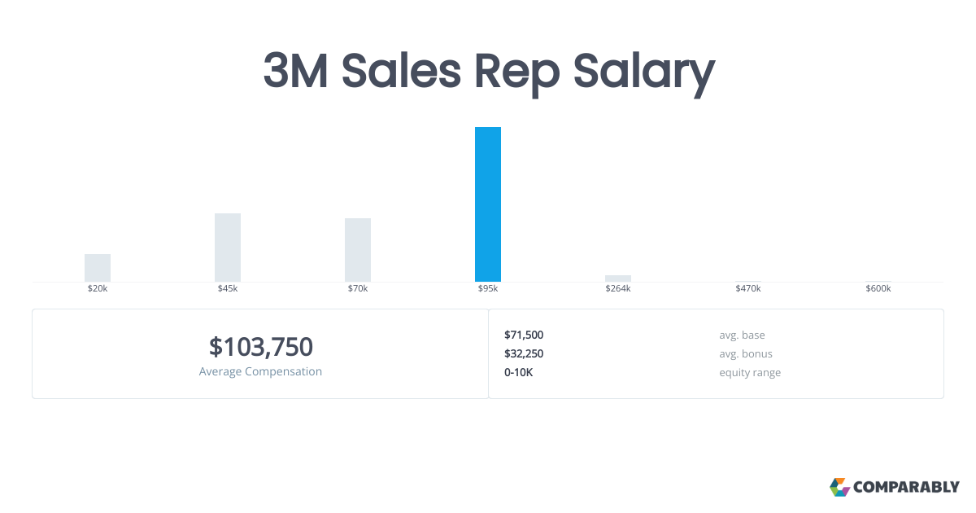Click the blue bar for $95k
pos(488,204)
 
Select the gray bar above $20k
pos(98,268)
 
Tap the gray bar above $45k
pos(228,248)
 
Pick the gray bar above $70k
pos(358,250)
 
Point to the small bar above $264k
pos(618,278)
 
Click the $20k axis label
pos(98,289)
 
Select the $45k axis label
pos(228,289)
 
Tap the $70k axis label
pos(358,289)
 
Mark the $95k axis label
pos(488,289)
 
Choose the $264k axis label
pos(618,289)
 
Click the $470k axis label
pos(748,289)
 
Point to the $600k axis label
pos(878,289)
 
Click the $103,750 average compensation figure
pos(260,347)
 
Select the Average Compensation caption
pos(260,372)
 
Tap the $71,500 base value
pos(524,335)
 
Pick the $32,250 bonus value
pos(524,353)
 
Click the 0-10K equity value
pos(519,372)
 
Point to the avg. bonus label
pos(746,353)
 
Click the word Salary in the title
pos(643,72)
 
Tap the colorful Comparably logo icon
pos(839,487)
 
